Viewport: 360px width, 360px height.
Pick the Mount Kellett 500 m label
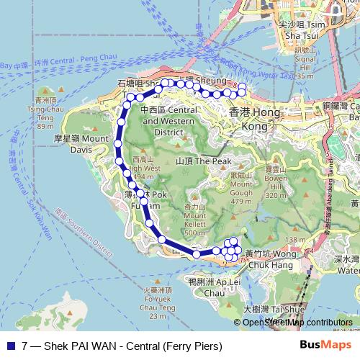coord(194,219)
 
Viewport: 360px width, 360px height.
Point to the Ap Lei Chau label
coord(207,287)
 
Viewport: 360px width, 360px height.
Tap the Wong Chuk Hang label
coord(270,258)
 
